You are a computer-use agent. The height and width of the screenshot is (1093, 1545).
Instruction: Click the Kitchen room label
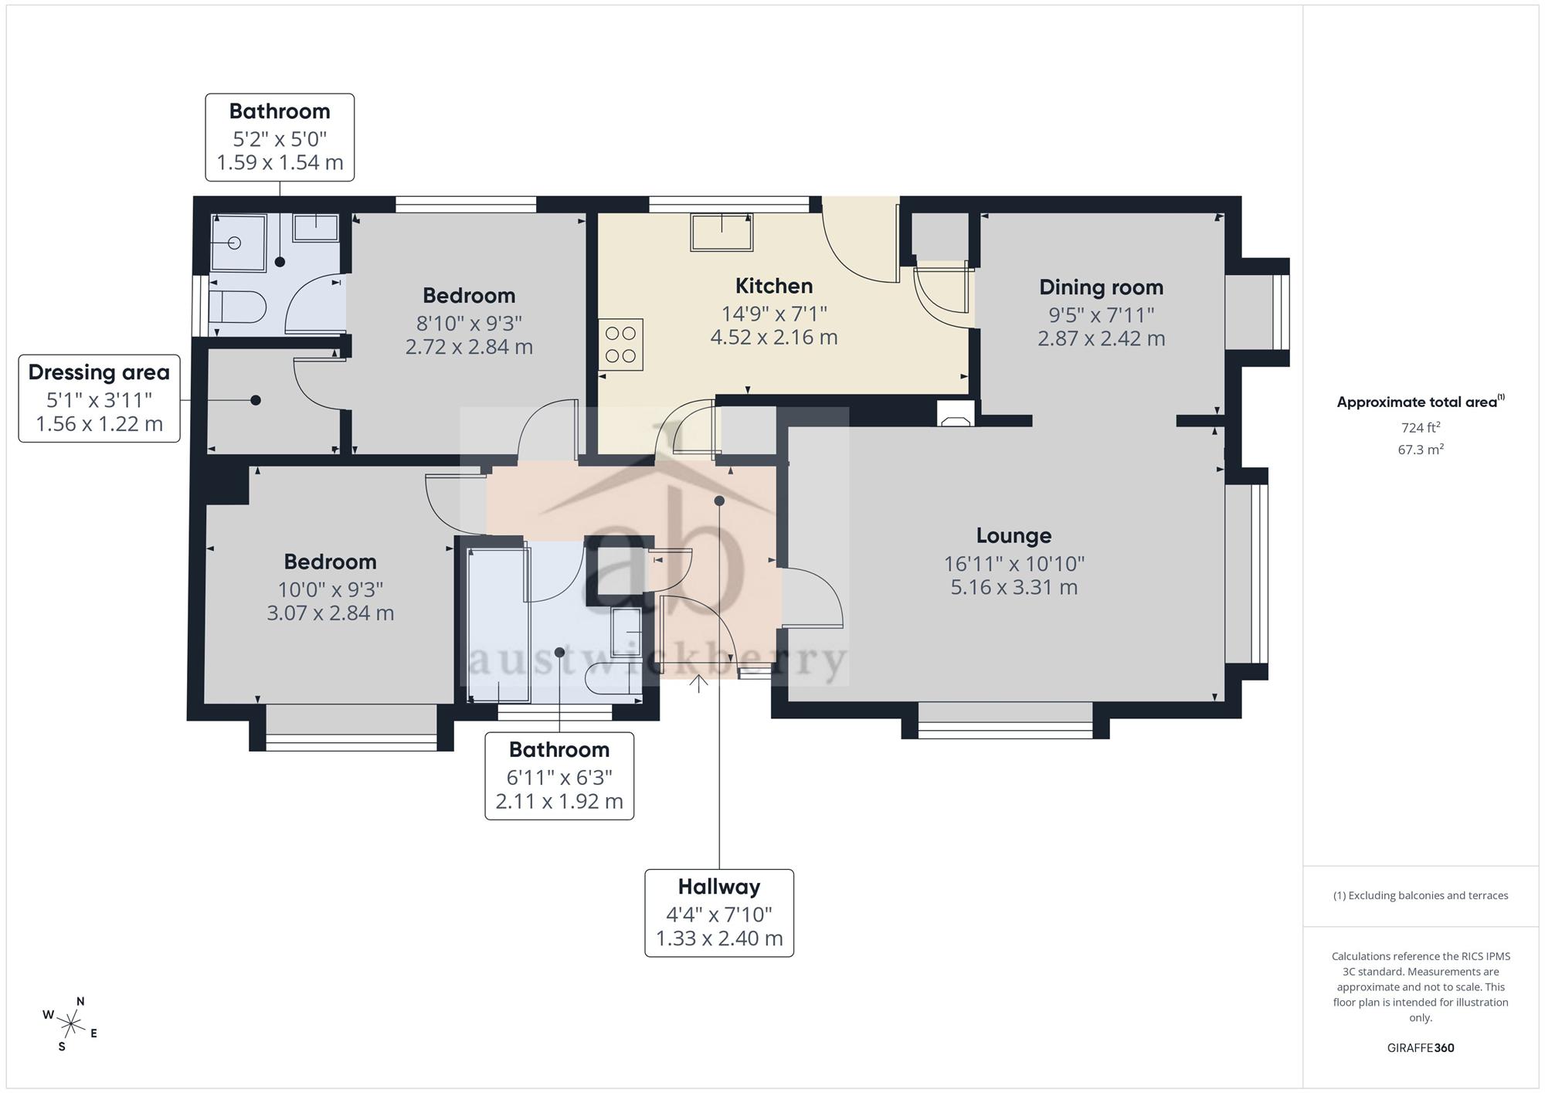click(x=773, y=286)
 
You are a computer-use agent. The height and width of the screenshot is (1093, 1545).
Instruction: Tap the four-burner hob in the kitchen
click(x=620, y=345)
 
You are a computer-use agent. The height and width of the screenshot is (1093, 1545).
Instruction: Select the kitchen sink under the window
click(x=722, y=232)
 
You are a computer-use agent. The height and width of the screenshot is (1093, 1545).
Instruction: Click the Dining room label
click(x=1101, y=287)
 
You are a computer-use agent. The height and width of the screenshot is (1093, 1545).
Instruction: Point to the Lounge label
click(x=1014, y=535)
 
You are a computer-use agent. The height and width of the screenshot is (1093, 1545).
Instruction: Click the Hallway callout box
click(x=719, y=913)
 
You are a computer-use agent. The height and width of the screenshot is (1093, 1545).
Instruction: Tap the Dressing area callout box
click(x=99, y=399)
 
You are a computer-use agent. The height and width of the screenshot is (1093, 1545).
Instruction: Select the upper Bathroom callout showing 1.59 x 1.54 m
click(x=280, y=137)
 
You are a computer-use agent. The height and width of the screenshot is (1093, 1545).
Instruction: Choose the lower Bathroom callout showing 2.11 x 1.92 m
click(x=559, y=776)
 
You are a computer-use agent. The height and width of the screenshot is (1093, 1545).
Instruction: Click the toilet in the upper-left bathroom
click(x=237, y=307)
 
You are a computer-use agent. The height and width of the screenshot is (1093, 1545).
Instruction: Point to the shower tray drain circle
click(x=235, y=243)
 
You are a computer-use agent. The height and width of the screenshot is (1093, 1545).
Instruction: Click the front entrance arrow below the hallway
click(x=698, y=684)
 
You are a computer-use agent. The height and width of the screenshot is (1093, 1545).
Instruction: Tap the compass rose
click(x=71, y=1025)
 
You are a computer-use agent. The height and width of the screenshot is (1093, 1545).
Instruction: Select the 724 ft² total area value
click(x=1421, y=427)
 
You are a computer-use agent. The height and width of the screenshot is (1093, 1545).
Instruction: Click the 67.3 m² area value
click(x=1421, y=449)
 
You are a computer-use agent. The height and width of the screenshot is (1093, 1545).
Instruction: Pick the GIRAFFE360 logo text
click(x=1421, y=1048)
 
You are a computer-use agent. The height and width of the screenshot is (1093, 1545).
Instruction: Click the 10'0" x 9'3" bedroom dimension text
click(x=331, y=589)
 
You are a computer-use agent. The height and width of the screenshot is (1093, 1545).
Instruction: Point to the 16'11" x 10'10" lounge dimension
click(x=1014, y=564)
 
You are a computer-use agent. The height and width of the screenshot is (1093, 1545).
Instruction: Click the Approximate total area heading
click(x=1421, y=402)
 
